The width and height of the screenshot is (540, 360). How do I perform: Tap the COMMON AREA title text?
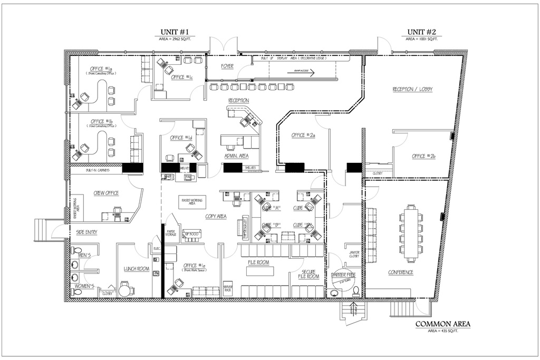(443, 324)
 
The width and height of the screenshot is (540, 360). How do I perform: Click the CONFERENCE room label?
(401, 273)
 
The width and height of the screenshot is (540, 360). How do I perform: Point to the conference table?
(411, 232)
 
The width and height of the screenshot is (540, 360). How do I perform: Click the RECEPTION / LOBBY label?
(412, 90)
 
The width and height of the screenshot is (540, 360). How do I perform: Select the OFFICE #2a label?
(303, 135)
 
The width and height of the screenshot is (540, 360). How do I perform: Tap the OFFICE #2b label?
(423, 156)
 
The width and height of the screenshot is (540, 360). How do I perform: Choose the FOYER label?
(227, 66)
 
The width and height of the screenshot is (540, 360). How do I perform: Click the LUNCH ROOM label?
(134, 268)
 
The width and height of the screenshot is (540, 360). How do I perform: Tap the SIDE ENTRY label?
(86, 232)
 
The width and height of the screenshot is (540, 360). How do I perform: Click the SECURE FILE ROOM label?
(308, 273)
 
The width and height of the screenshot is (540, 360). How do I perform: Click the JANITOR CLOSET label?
(354, 254)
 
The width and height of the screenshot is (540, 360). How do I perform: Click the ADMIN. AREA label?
(236, 156)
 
